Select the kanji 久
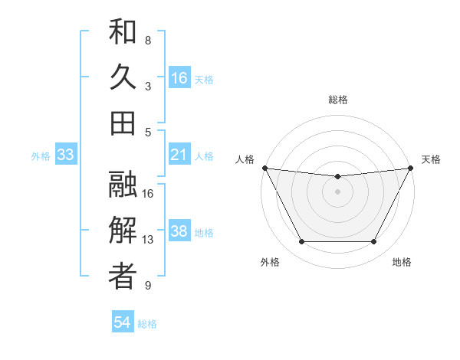point(123,77)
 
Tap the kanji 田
point(123,122)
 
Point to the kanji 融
point(123,185)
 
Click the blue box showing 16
point(179,78)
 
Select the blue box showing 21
point(179,155)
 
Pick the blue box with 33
point(66,155)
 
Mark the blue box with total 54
point(123,322)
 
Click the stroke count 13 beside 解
point(148,240)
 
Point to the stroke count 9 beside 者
point(148,286)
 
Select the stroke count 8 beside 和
point(148,40)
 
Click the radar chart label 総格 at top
point(337,100)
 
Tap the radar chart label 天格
point(431,159)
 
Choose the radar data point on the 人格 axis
point(264,168)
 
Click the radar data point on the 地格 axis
point(373,242)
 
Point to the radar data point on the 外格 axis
point(301,242)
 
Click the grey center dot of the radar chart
point(337,191)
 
